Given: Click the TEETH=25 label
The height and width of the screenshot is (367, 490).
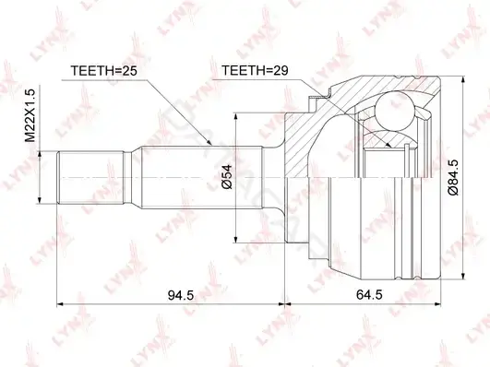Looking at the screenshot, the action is coord(103,71).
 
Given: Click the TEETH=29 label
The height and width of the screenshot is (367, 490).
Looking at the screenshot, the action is coord(255,71).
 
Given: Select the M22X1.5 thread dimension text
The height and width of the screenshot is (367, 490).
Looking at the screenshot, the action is coord(31,115).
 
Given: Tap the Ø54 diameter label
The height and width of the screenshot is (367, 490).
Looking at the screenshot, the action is coord(227,177).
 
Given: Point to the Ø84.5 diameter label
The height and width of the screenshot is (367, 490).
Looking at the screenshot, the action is coord(453,177).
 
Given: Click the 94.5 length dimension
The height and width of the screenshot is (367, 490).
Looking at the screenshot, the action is coord(181,294).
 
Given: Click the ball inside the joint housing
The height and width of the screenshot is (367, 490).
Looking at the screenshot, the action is coord(394,111).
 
